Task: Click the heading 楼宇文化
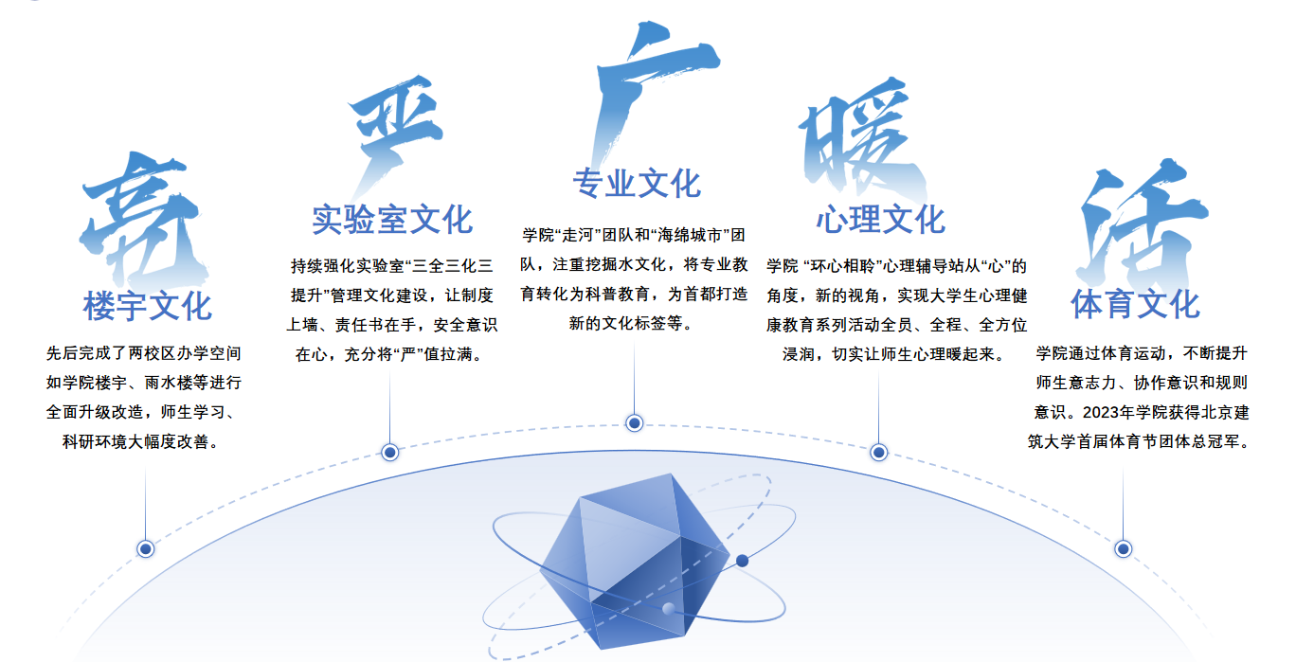coord(147,306)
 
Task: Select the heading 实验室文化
coord(392,219)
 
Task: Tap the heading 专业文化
coord(636,183)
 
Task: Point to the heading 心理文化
coord(880,220)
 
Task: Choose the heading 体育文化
coord(1135,305)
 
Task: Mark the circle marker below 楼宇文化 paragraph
coord(146,548)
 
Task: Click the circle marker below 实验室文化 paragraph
coord(389,453)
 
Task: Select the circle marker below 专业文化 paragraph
coord(635,422)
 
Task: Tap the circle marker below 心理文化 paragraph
coord(878,453)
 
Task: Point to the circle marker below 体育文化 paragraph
coord(1124,548)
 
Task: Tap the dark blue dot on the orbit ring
coord(742,561)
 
